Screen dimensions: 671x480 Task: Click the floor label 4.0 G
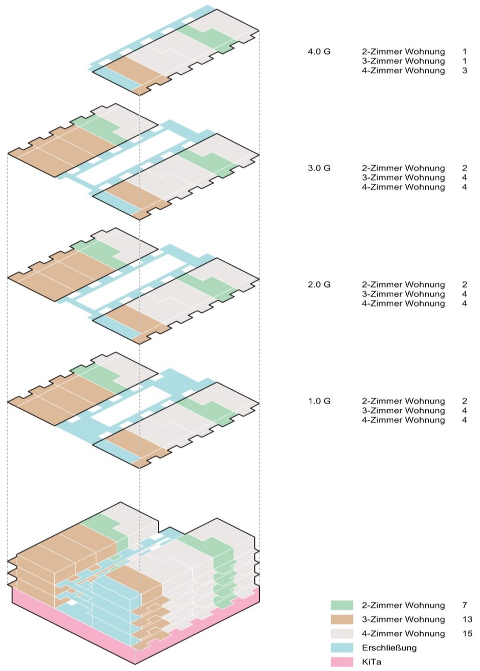pyautogui.click(x=319, y=52)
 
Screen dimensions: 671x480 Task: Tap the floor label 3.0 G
pyautogui.click(x=319, y=168)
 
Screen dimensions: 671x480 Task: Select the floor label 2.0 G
pyautogui.click(x=319, y=285)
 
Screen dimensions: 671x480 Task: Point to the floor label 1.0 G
pyautogui.click(x=319, y=401)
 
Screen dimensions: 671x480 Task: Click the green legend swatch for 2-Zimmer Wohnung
pyautogui.click(x=342, y=605)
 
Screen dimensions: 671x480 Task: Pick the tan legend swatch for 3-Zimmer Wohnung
pyautogui.click(x=342, y=619)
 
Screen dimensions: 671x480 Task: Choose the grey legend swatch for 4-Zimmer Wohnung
pyautogui.click(x=342, y=633)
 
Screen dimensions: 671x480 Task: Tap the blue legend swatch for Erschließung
pyautogui.click(x=342, y=648)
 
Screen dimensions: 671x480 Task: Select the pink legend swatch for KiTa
pyautogui.click(x=342, y=662)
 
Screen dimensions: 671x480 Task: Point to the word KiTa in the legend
pyautogui.click(x=372, y=662)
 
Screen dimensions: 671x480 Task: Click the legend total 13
pyautogui.click(x=467, y=619)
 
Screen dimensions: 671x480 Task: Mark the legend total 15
pyautogui.click(x=467, y=633)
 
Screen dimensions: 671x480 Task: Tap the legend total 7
pyautogui.click(x=465, y=605)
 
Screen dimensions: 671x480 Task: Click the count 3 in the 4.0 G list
pyautogui.click(x=465, y=71)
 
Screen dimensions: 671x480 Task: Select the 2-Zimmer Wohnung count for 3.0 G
pyautogui.click(x=465, y=168)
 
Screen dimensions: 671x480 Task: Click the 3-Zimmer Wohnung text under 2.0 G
pyautogui.click(x=403, y=294)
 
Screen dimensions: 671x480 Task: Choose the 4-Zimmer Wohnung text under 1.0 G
pyautogui.click(x=403, y=420)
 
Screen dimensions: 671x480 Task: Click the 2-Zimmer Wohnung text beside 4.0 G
pyautogui.click(x=403, y=52)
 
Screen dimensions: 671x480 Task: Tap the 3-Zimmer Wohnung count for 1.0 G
pyautogui.click(x=465, y=411)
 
